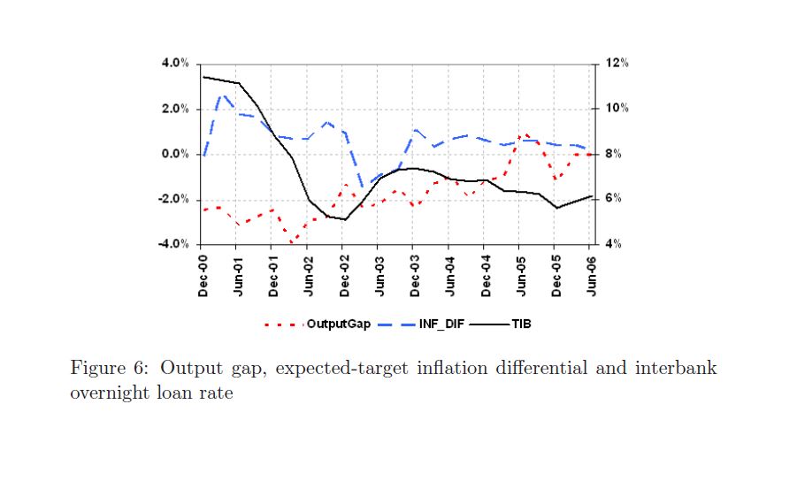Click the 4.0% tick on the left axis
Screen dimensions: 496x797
(175, 64)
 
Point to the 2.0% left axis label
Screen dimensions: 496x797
(175, 109)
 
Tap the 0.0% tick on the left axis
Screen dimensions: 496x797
(175, 154)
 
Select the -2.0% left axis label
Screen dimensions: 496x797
(173, 199)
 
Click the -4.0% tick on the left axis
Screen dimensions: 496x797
(173, 244)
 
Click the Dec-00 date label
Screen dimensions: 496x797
(203, 275)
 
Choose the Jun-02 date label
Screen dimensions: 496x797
(310, 275)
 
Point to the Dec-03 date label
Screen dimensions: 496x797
(415, 275)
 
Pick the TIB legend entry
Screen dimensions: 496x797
(521, 324)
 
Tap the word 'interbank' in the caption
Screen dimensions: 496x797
(675, 369)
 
